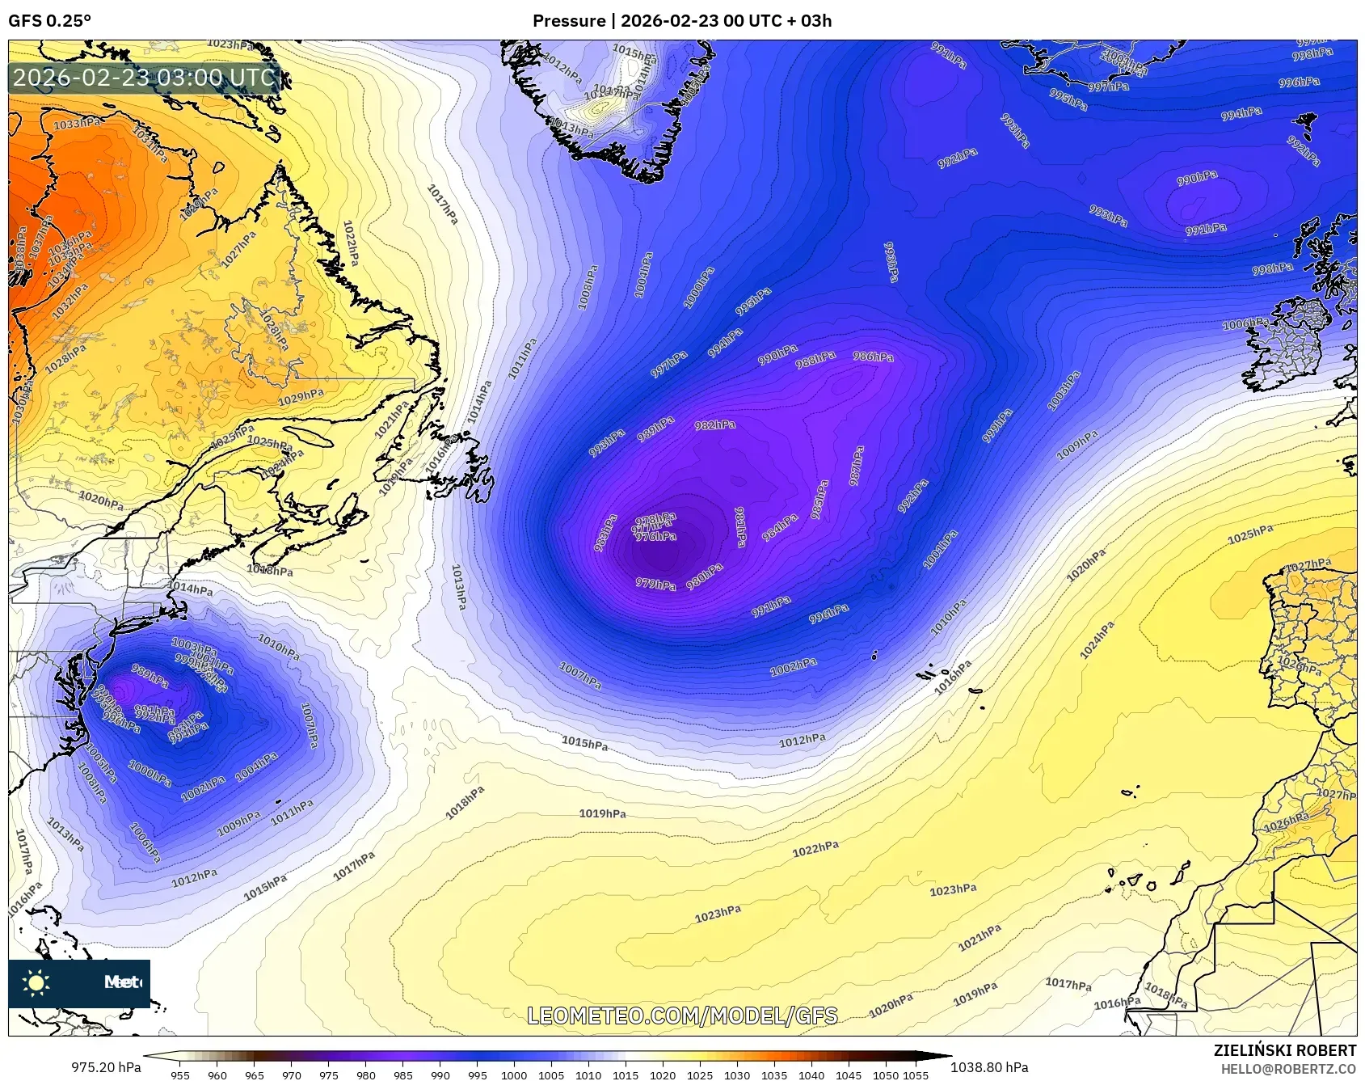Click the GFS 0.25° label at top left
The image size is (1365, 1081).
[x=49, y=21]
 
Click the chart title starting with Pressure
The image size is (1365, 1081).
[x=681, y=21]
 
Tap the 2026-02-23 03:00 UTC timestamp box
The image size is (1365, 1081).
[x=145, y=78]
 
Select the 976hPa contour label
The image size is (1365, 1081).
[x=655, y=536]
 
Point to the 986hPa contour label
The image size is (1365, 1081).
[x=873, y=357]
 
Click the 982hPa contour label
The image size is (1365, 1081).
[x=714, y=424]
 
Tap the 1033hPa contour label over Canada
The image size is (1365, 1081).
[x=78, y=124]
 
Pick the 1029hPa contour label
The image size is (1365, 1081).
[x=301, y=397]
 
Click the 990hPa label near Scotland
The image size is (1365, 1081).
[x=1197, y=178]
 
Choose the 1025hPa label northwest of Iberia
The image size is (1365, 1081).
[x=1250, y=534]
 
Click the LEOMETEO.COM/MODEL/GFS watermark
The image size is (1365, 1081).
[x=682, y=1016]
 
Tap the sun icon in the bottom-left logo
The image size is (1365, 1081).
[x=36, y=982]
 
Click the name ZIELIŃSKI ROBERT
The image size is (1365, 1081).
[x=1285, y=1050]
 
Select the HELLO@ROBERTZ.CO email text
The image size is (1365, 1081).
[x=1288, y=1069]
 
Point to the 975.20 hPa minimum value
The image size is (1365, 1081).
[x=106, y=1067]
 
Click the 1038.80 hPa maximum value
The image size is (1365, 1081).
[x=989, y=1067]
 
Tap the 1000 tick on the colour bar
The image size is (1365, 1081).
[x=514, y=1075]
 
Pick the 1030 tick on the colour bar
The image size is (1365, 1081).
[x=737, y=1075]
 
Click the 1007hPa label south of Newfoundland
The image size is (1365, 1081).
[x=579, y=676]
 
